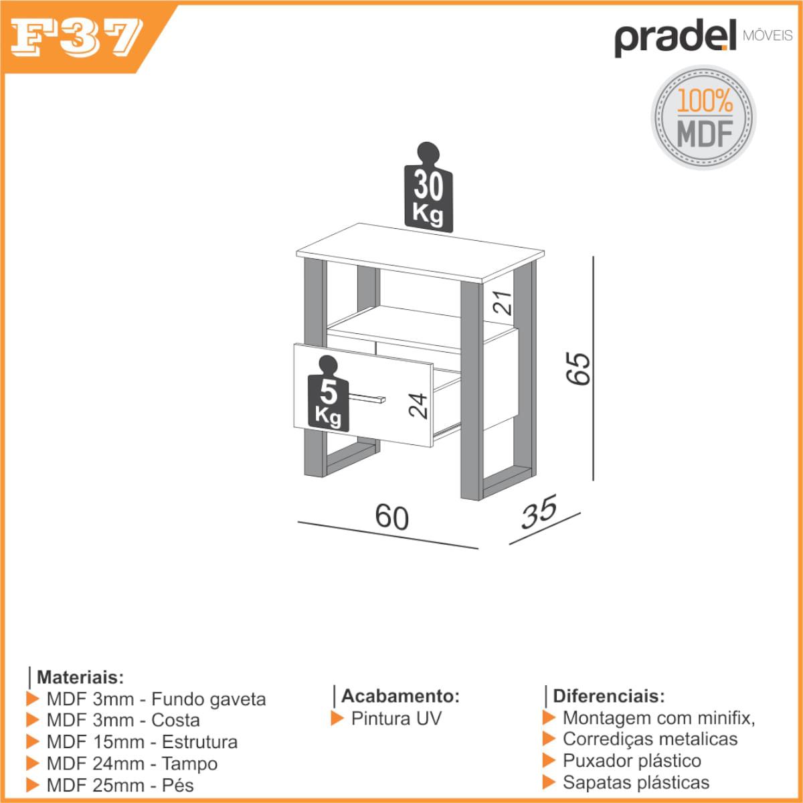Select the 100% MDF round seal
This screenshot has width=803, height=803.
click(x=704, y=118)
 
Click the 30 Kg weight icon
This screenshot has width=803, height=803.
click(x=428, y=187)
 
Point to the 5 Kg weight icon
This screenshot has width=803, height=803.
click(x=329, y=393)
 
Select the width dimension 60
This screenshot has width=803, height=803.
click(x=391, y=517)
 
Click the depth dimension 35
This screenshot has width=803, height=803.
click(x=539, y=512)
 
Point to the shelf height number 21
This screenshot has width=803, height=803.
click(x=502, y=302)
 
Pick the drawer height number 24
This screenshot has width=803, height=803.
click(x=418, y=406)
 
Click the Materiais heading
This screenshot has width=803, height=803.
click(x=80, y=677)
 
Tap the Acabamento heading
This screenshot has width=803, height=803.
click(x=400, y=696)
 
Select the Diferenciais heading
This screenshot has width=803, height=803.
click(x=609, y=697)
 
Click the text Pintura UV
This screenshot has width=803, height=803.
click(x=396, y=719)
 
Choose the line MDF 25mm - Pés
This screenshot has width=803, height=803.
click(x=120, y=786)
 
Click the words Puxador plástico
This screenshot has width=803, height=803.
click(x=632, y=760)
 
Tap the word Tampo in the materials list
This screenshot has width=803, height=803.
click(x=189, y=764)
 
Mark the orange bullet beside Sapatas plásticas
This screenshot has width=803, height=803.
click(x=549, y=782)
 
